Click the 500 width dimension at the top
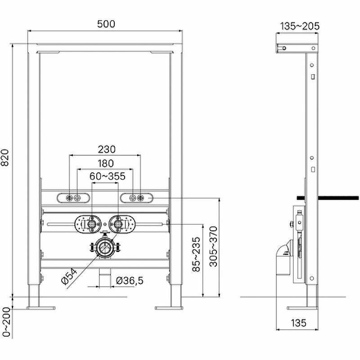point(106,24)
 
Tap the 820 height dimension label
point(6,157)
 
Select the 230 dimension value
point(106,149)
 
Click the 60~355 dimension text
point(107,176)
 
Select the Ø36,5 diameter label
point(130,281)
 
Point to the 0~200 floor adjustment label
point(6,322)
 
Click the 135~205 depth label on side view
point(300,26)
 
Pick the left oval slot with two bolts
point(73,198)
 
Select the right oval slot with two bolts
point(137,198)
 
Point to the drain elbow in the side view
point(283,261)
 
